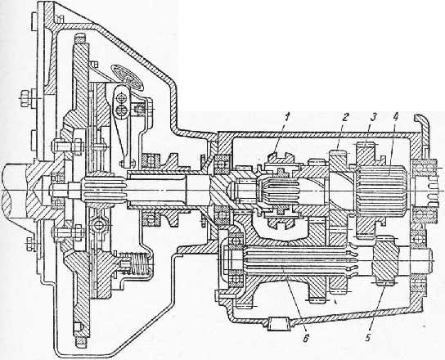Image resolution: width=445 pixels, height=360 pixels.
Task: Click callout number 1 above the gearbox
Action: pyautogui.click(x=287, y=117)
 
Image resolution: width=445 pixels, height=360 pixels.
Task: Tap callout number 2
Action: pyautogui.click(x=344, y=117)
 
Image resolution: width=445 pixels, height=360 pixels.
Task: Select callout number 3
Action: pyautogui.click(x=374, y=117)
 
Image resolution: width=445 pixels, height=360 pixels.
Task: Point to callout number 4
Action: pyautogui.click(x=397, y=117)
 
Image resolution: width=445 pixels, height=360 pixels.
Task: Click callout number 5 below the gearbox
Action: pyautogui.click(x=368, y=338)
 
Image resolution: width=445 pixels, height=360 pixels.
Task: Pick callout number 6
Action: pyautogui.click(x=305, y=338)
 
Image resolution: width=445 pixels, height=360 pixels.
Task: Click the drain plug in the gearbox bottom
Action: pyautogui.click(x=279, y=324)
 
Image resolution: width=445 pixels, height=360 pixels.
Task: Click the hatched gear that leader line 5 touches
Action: pyautogui.click(x=384, y=259)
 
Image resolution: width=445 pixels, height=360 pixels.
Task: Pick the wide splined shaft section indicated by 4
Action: pyautogui.click(x=381, y=188)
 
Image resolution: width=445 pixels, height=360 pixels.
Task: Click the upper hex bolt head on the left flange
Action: pyautogui.click(x=25, y=98)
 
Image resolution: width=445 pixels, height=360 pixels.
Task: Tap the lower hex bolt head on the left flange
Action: pyautogui.click(x=29, y=244)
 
